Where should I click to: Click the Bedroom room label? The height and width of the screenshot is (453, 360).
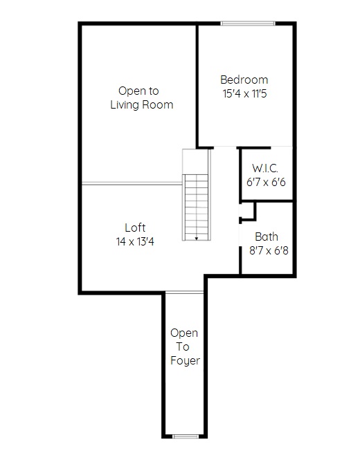click(x=244, y=80)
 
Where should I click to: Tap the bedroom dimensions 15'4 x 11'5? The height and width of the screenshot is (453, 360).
click(x=244, y=93)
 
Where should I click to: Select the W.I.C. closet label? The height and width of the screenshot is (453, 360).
click(x=265, y=168)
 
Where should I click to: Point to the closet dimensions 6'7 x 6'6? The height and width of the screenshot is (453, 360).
click(x=266, y=182)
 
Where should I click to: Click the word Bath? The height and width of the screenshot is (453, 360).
click(x=267, y=237)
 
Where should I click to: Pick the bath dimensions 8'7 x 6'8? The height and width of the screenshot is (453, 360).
click(x=269, y=250)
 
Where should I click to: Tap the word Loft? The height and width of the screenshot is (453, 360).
click(x=135, y=228)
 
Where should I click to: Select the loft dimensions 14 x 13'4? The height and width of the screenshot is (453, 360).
click(x=135, y=241)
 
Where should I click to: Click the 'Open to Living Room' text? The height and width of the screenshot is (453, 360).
click(x=142, y=98)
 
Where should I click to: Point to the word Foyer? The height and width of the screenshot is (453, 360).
click(x=185, y=361)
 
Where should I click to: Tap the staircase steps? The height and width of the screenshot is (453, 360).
click(x=197, y=207)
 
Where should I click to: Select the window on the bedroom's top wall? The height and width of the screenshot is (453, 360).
click(x=248, y=24)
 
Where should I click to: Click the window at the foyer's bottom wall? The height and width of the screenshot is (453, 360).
click(x=186, y=436)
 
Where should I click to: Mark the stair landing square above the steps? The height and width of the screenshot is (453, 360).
click(x=195, y=162)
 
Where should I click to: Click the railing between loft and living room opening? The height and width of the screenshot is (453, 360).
click(x=132, y=183)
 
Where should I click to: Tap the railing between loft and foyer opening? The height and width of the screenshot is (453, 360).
click(x=184, y=293)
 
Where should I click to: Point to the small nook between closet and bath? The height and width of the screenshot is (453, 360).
click(x=248, y=210)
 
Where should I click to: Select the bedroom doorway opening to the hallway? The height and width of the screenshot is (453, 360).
click(x=225, y=147)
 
